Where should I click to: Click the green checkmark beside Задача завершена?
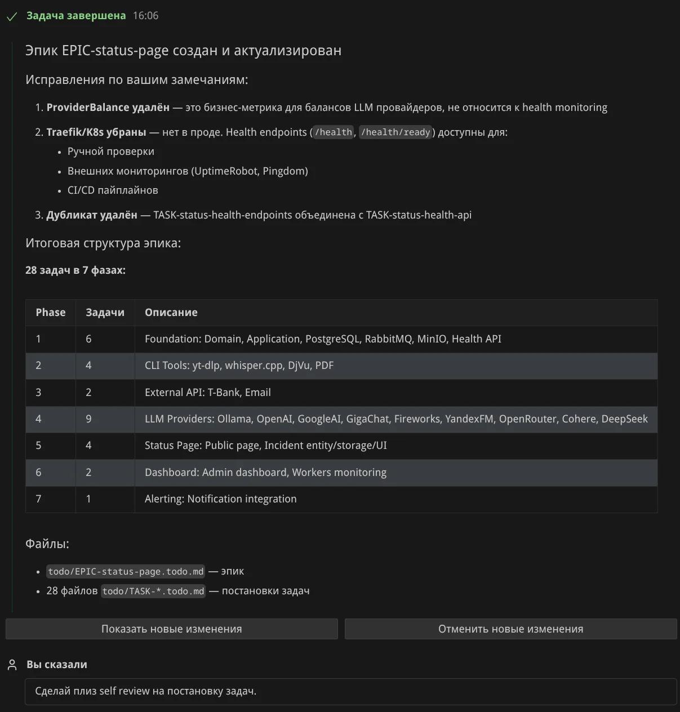click(x=12, y=17)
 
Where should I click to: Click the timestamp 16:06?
click(x=145, y=16)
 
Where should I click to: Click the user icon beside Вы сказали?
click(x=12, y=665)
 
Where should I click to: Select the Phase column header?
click(x=50, y=313)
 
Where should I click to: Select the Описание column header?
click(x=171, y=313)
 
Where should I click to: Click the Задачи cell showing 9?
click(x=88, y=419)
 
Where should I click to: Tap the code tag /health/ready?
click(x=395, y=132)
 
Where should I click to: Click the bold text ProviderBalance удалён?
click(x=108, y=108)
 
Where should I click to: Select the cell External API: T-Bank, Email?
click(x=207, y=393)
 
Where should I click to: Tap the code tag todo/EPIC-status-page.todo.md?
click(x=126, y=572)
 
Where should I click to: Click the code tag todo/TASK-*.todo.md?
click(x=153, y=591)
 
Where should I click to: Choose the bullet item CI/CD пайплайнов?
click(x=113, y=190)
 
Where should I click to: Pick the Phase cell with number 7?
click(x=38, y=499)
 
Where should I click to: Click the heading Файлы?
click(x=47, y=544)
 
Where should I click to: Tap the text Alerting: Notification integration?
click(x=220, y=499)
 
